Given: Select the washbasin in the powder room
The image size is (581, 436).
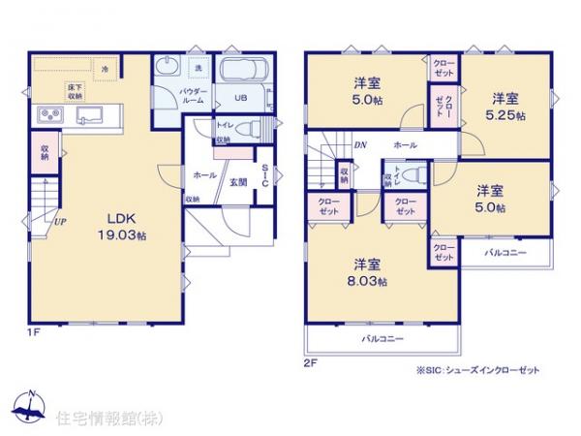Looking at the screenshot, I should tap(167, 69).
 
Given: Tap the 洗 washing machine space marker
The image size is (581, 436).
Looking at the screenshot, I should tap(197, 68).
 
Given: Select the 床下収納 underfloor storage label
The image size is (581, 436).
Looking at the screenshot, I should tap(75, 92).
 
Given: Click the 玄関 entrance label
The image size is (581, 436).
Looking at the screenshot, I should tap(236, 179).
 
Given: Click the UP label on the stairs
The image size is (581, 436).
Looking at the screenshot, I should tap(60, 220).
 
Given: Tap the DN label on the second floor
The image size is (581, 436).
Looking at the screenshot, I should tap(359, 146).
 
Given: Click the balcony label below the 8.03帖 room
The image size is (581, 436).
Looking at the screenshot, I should tap(382, 339).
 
